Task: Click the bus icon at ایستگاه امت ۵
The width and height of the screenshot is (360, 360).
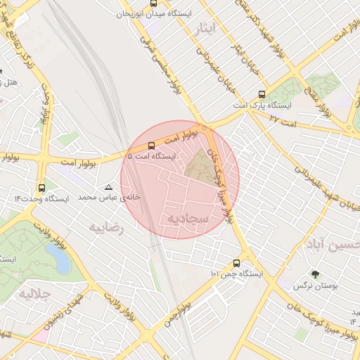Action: pyautogui.click(x=152, y=146)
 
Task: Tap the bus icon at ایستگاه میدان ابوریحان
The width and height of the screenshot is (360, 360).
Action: pyautogui.click(x=154, y=4)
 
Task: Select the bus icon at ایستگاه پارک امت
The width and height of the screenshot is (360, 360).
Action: pyautogui.click(x=262, y=94)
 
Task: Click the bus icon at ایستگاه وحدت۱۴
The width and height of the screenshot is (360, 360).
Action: pyautogui.click(x=41, y=188)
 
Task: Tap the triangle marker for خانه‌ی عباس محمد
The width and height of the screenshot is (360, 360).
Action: pyautogui.click(x=108, y=188)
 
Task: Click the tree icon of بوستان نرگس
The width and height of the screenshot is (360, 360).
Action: pyautogui.click(x=314, y=274)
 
